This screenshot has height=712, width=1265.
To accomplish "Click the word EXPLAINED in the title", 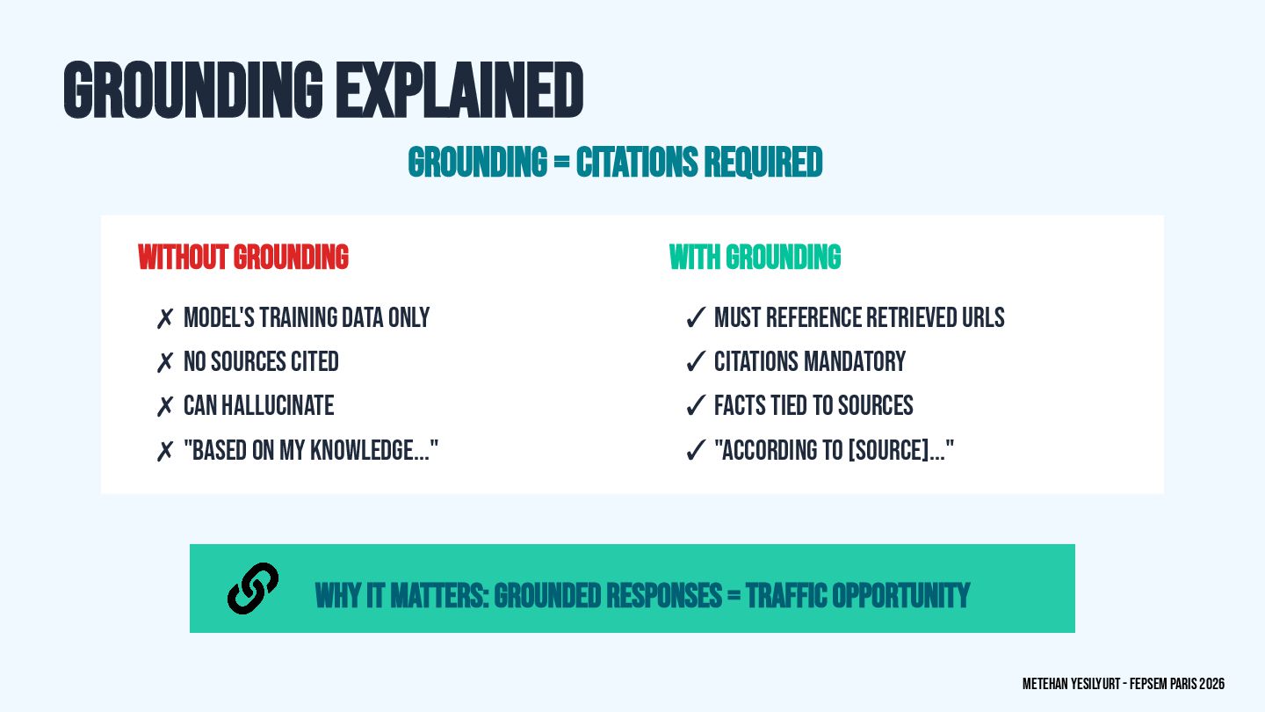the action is pyautogui.click(x=459, y=90).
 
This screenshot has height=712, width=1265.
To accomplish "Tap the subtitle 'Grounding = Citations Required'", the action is pyautogui.click(x=615, y=163).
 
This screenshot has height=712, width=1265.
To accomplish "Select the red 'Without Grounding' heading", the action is pyautogui.click(x=243, y=258).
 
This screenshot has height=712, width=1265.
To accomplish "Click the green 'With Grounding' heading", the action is pyautogui.click(x=755, y=258).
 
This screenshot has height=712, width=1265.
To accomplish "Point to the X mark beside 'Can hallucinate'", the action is pyautogui.click(x=164, y=407).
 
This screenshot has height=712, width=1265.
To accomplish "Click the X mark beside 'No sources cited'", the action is pyautogui.click(x=164, y=363).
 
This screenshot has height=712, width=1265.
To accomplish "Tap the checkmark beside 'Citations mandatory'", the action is pyautogui.click(x=696, y=362).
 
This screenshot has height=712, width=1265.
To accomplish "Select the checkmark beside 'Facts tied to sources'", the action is pyautogui.click(x=696, y=406).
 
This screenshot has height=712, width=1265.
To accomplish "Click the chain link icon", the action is pyautogui.click(x=253, y=588).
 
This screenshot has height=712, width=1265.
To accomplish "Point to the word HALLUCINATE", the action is pyautogui.click(x=278, y=406).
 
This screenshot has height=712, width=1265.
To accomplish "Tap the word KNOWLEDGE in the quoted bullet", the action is pyautogui.click(x=365, y=451).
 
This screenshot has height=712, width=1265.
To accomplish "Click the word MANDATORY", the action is pyautogui.click(x=859, y=362).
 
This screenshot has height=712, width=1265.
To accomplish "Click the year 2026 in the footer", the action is pyautogui.click(x=1212, y=684).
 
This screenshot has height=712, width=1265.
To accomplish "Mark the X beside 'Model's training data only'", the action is pyautogui.click(x=164, y=319).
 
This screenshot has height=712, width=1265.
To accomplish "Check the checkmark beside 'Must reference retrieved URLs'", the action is pyautogui.click(x=696, y=318).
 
